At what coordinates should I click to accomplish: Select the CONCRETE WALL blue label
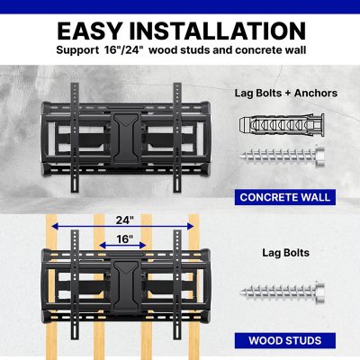tap(283, 196)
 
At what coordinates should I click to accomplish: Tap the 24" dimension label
tap(123, 220)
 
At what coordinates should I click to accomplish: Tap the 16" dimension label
tap(124, 240)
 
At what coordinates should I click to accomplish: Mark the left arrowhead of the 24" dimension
tap(55, 228)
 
